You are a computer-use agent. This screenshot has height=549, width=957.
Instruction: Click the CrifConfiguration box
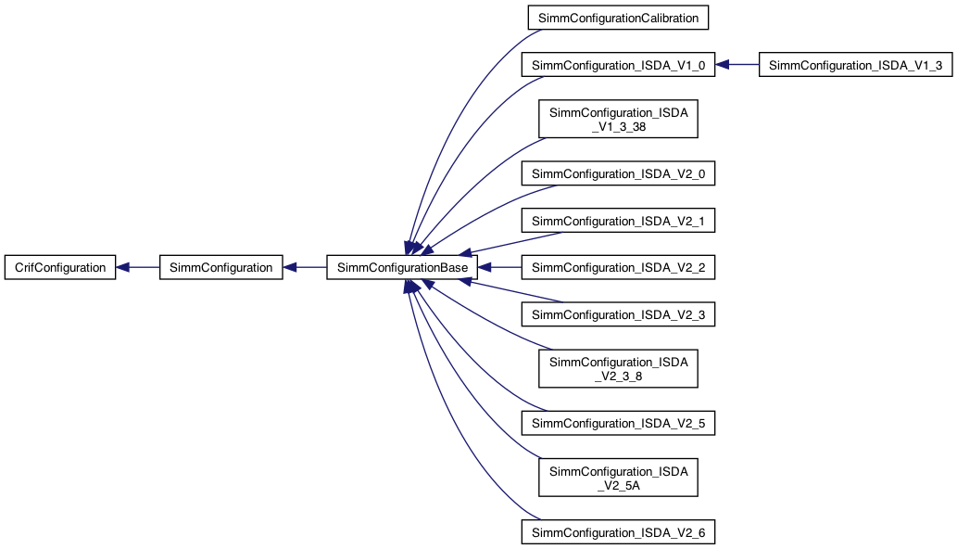pyautogui.click(x=59, y=267)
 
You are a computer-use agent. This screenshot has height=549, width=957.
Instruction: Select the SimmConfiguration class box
pyautogui.click(x=220, y=267)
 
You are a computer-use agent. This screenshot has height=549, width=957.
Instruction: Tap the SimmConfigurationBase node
pyautogui.click(x=402, y=267)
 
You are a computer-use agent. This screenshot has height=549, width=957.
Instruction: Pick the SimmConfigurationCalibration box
pyautogui.click(x=618, y=17)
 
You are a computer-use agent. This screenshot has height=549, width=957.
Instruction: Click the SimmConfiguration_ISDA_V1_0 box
pyautogui.click(x=618, y=65)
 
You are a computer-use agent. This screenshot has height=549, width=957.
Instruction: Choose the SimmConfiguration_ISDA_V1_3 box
pyautogui.click(x=855, y=65)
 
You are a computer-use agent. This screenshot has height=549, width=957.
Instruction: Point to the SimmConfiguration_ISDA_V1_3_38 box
pyautogui.click(x=618, y=120)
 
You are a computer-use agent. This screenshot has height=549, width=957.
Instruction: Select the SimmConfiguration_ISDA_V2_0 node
pyautogui.click(x=618, y=173)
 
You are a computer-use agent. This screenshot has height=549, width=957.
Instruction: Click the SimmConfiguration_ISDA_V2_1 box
pyautogui.click(x=618, y=221)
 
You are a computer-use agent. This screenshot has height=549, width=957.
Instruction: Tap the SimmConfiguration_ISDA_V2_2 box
pyautogui.click(x=618, y=267)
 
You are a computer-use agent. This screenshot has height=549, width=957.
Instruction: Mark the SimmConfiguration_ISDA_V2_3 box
pyautogui.click(x=618, y=315)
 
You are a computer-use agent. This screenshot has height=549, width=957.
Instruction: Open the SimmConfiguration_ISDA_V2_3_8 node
pyautogui.click(x=618, y=369)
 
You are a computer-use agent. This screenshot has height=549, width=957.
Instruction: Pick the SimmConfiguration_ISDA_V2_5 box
pyautogui.click(x=618, y=424)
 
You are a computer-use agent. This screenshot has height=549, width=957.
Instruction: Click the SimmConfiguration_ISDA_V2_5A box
pyautogui.click(x=618, y=478)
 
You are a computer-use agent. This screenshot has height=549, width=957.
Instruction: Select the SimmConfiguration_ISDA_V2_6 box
pyautogui.click(x=618, y=532)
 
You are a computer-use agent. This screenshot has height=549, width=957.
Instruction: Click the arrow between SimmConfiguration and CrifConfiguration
pyautogui.click(x=139, y=267)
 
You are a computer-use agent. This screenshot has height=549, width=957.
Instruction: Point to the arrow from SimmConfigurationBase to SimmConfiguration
pyautogui.click(x=306, y=267)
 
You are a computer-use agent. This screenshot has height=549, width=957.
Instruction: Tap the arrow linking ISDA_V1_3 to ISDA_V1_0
pyautogui.click(x=737, y=65)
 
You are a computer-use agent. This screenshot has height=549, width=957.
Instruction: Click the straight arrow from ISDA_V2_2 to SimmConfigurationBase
pyautogui.click(x=500, y=267)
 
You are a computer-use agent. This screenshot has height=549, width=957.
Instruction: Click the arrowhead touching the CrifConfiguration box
pyautogui.click(x=122, y=267)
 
